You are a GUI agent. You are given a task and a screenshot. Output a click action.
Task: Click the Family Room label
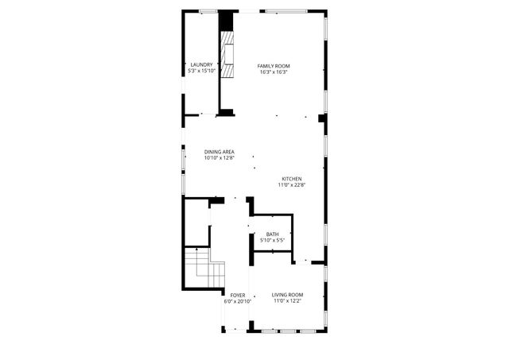[274, 65]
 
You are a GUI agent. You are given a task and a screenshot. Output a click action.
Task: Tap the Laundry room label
[201, 65]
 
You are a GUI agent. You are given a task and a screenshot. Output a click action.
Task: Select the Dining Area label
[219, 152]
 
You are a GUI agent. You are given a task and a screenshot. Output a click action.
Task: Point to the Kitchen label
[292, 179]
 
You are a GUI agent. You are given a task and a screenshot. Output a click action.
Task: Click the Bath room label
[272, 234]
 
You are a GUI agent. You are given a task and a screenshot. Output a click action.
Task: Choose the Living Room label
[288, 295]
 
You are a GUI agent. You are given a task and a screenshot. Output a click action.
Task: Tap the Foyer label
[238, 295]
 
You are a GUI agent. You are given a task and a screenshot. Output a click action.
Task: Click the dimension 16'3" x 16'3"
[274, 72]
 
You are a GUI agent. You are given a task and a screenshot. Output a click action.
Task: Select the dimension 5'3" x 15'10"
[201, 72]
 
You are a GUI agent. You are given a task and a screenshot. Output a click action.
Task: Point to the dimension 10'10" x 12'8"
[219, 158]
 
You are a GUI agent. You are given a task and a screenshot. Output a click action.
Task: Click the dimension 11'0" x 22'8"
[292, 185]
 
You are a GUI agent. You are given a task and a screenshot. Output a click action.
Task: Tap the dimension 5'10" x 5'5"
[272, 240]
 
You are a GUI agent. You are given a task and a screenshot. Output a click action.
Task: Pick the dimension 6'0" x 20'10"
[238, 301]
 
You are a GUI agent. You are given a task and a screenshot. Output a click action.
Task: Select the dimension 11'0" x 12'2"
[288, 301]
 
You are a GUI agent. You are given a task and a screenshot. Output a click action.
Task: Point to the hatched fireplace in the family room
[228, 56]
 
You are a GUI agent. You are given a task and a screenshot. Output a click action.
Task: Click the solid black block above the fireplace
[227, 21]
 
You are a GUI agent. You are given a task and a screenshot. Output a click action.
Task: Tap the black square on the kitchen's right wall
[322, 118]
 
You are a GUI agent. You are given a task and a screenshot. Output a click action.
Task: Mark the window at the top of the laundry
[208, 10]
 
